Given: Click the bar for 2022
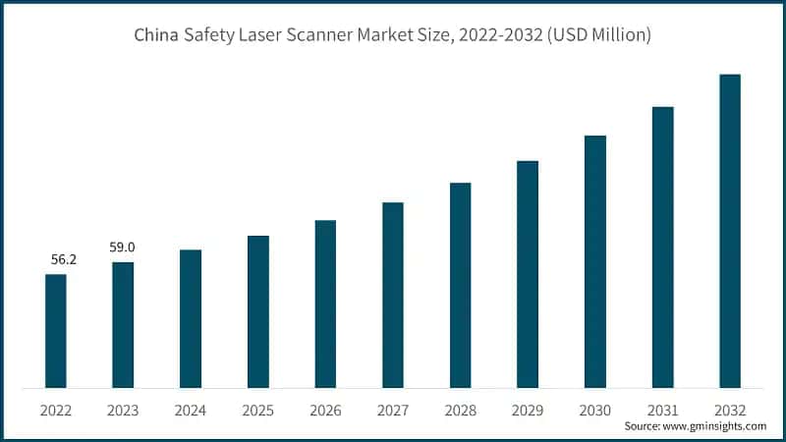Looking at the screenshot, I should (56, 331).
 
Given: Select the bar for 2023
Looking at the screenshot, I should (123, 325).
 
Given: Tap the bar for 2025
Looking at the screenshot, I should (258, 311).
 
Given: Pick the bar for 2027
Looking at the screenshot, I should (393, 295).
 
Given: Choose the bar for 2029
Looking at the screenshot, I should (528, 274).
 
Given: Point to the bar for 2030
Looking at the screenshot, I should (595, 261).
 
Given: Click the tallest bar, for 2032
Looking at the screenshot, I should (730, 231).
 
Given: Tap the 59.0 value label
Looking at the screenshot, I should (123, 249).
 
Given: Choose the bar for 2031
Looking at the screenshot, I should (663, 247).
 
